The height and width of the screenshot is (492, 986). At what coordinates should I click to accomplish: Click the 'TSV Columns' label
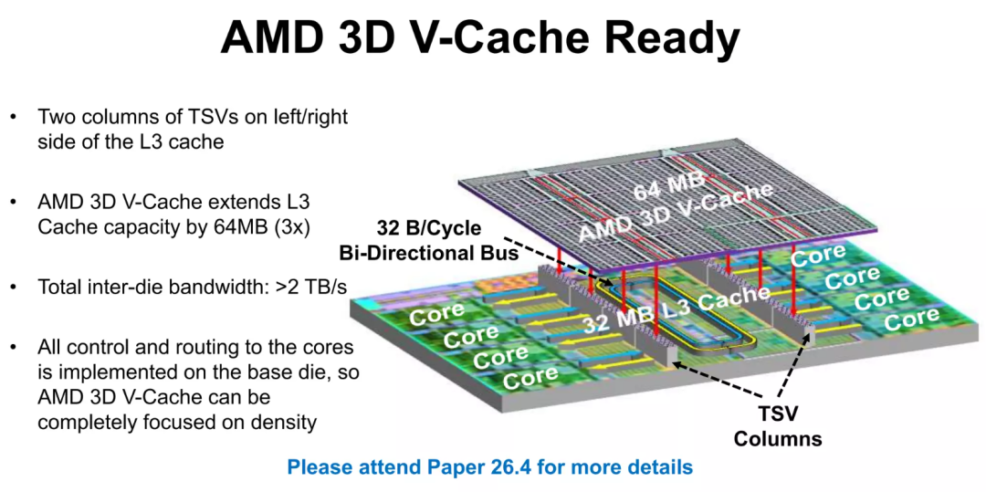click(x=778, y=427)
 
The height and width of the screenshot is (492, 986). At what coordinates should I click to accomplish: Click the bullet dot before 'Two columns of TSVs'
click(x=13, y=119)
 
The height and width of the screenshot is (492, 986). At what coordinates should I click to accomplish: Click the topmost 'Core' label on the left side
click(x=437, y=316)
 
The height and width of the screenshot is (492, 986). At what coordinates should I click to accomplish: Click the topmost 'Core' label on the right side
click(x=819, y=256)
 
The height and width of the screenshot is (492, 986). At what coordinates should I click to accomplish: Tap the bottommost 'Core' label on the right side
click(x=911, y=319)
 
